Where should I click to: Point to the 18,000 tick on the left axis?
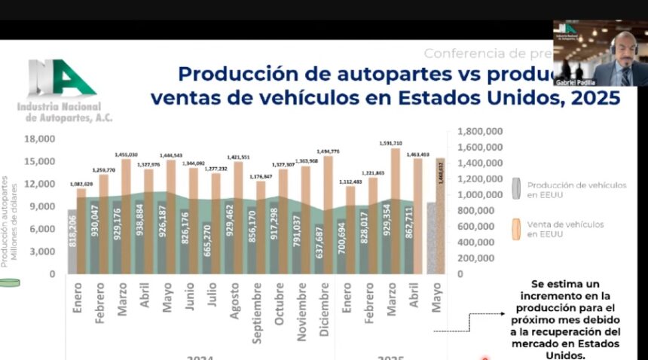pos(40,139)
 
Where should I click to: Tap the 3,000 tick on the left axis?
pos(43,251)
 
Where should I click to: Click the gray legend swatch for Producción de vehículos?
pos(515,189)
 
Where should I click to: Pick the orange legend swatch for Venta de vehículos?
pos(515,229)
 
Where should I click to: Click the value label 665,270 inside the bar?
pos(207,240)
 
